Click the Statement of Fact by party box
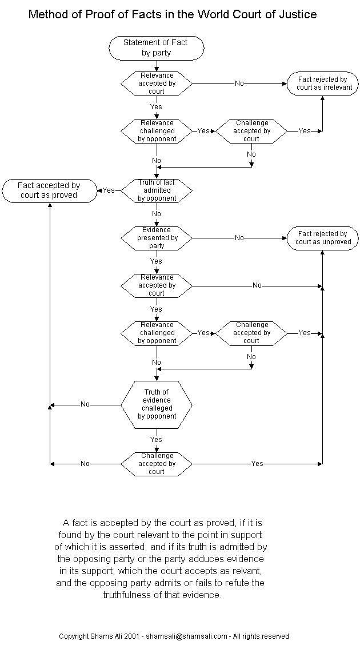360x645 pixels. point(156,48)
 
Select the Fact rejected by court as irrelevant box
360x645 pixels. point(322,83)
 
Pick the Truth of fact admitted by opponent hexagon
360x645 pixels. point(156,190)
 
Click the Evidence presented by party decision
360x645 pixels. point(156,238)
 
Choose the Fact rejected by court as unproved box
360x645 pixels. point(322,238)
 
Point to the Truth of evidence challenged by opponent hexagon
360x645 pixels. point(156,404)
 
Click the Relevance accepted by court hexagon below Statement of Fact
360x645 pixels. point(156,83)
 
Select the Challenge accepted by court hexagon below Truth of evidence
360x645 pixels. point(156,464)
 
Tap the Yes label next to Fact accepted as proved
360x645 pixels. point(109,190)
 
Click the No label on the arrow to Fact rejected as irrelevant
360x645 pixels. point(239,83)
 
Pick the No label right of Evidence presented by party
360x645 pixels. point(239,238)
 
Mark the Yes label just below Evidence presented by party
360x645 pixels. point(156,261)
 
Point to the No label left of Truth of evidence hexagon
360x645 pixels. point(85,404)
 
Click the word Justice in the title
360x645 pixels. point(297,14)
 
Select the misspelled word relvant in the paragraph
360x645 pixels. point(247,571)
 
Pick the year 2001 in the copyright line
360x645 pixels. point(132,636)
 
